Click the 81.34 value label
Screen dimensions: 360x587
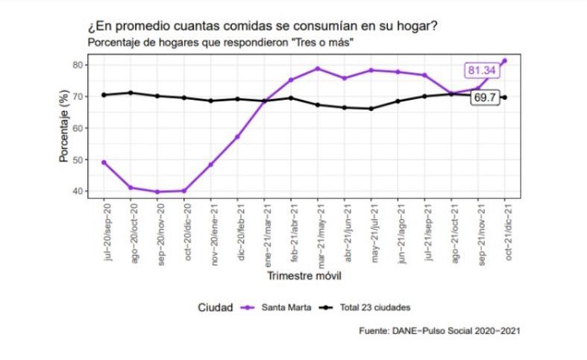[x=482, y=70]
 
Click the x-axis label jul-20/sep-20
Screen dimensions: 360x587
[x=105, y=232]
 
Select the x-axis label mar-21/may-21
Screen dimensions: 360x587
[x=318, y=232]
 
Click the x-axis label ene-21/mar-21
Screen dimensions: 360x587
[x=265, y=232]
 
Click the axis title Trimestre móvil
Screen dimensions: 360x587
[x=305, y=277]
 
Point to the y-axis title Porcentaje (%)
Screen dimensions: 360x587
[x=65, y=127]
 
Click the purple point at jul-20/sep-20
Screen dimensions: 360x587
[x=104, y=162]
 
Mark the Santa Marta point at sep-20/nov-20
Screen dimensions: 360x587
[x=157, y=192]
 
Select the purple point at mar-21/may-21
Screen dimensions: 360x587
[x=318, y=69]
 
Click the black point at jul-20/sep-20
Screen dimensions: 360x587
[x=104, y=95]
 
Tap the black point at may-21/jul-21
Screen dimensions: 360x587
[x=371, y=108]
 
